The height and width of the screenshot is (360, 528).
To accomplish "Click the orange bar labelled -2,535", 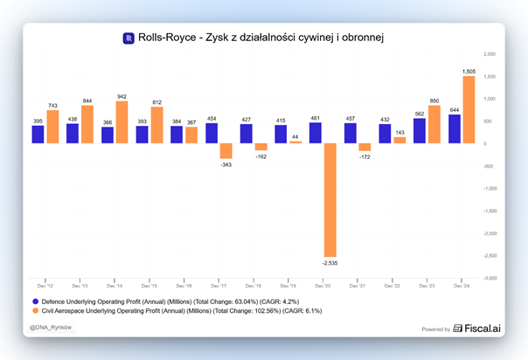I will pos(330,199).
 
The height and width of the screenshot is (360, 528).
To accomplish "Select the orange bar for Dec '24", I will pos(469,109).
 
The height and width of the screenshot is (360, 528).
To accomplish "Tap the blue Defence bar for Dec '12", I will pos(38,134).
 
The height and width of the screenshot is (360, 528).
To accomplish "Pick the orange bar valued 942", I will pos(122,121).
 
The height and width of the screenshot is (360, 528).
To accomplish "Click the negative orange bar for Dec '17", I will pos(226,150).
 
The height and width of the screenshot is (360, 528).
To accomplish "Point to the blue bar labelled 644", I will pos(454,128).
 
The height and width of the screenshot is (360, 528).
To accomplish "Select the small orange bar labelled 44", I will pos(295,142).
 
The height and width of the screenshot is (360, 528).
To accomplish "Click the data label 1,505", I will pos(469,71).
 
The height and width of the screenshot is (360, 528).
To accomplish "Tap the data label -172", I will pos(365,156).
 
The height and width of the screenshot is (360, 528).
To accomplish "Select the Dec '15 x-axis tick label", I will pos(149,285).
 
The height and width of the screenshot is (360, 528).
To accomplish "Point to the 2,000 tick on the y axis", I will pos(490,54).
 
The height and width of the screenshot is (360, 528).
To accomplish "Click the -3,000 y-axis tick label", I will pos(490,278).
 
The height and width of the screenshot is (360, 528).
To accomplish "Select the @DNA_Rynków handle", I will pos(51,329).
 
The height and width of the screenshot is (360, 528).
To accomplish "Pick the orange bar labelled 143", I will pos(399,140).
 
